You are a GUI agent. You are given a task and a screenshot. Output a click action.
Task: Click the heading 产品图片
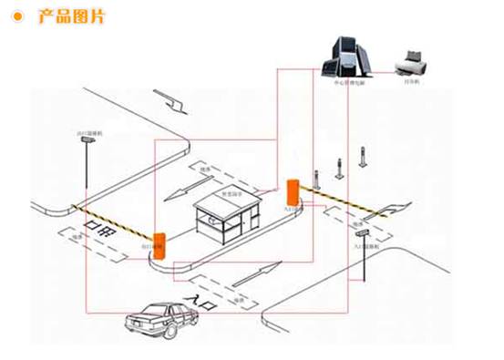tap(72, 17)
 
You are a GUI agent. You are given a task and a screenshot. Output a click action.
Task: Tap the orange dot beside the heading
tap(17, 17)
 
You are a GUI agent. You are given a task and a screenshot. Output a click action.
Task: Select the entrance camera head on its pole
tap(363, 235)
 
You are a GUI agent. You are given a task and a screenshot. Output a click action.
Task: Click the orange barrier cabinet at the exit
tap(159, 242)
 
